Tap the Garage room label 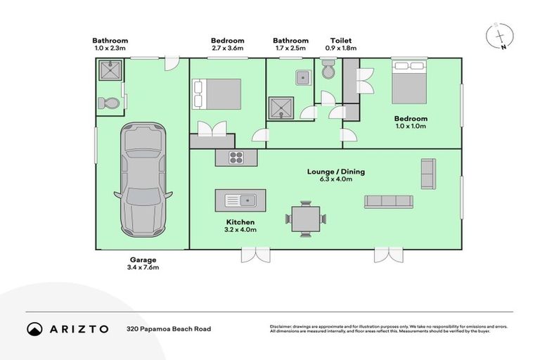coord(142,259)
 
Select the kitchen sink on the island coord(240,200)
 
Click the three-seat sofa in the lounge coord(388,201)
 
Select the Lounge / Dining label coord(335,171)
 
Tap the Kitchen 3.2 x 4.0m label coord(240,225)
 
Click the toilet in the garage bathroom coord(110,103)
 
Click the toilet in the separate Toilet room coord(328,70)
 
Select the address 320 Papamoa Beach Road coord(169,328)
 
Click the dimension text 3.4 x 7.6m coord(142,268)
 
